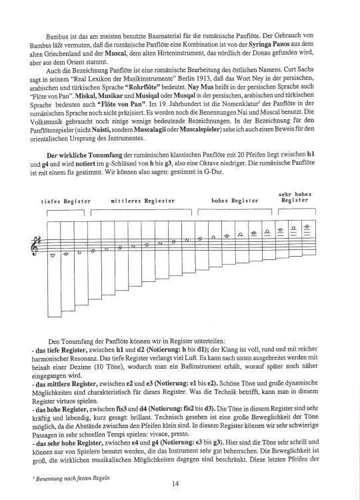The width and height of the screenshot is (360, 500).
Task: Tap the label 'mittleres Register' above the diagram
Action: click(143, 201)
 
